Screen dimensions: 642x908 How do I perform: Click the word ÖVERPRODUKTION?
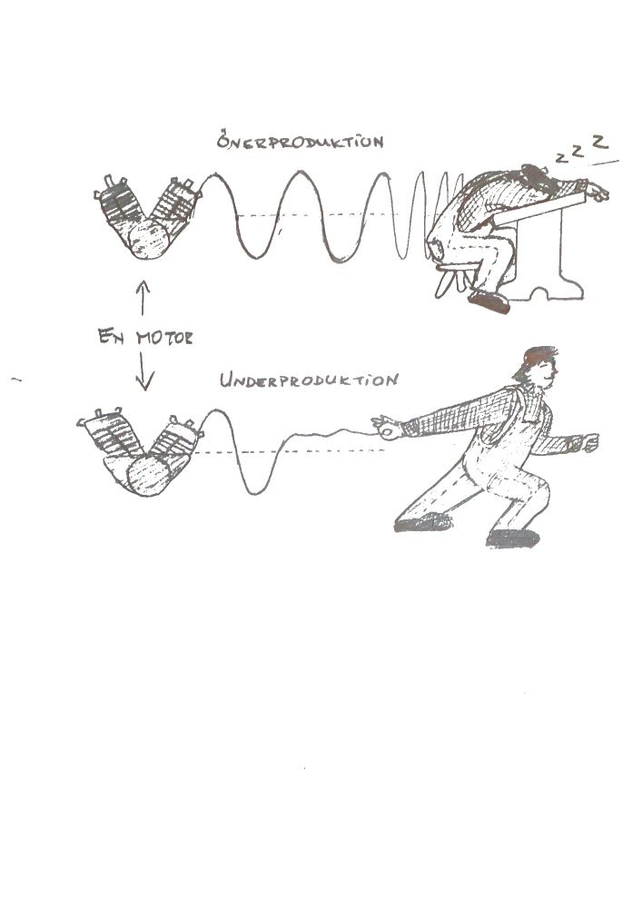coord(300,141)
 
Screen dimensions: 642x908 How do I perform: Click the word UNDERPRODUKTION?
coord(309,380)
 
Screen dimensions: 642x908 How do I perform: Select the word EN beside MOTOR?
coord(111,336)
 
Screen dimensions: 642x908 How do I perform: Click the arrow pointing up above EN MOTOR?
coord(143,298)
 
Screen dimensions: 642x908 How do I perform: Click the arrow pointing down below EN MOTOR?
coord(144,370)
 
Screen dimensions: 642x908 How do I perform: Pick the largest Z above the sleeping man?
coord(600,141)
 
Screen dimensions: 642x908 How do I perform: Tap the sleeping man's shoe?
coord(489,301)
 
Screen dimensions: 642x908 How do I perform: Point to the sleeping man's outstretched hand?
coord(597,192)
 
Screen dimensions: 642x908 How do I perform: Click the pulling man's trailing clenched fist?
coord(588,442)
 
